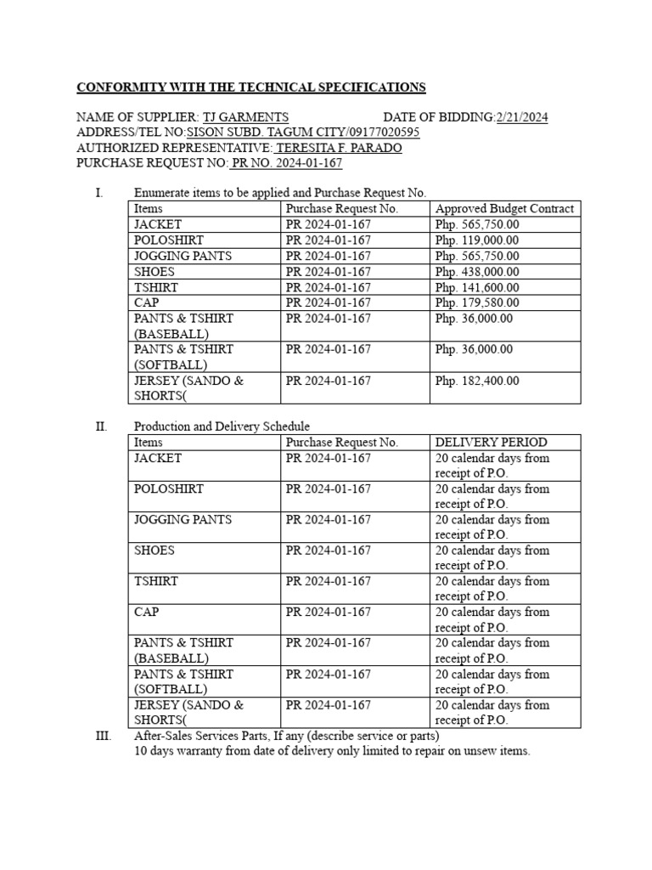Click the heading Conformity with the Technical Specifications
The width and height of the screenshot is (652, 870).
pyautogui.click(x=251, y=88)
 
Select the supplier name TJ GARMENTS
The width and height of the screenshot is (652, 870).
pyautogui.click(x=245, y=117)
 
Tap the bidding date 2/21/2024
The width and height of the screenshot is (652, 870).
pyautogui.click(x=521, y=117)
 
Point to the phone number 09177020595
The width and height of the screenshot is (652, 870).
pyautogui.click(x=379, y=133)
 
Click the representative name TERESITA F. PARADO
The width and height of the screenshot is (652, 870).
pyautogui.click(x=340, y=148)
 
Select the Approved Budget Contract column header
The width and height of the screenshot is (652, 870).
pyautogui.click(x=504, y=209)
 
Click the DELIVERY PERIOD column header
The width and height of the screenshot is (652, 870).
pyautogui.click(x=491, y=443)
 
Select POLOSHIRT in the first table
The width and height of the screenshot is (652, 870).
pyautogui.click(x=168, y=240)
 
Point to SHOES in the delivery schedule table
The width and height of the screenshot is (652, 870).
pyautogui.click(x=155, y=551)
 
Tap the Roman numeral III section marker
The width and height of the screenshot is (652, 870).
pyautogui.click(x=103, y=736)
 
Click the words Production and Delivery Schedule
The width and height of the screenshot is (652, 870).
pyautogui.click(x=222, y=427)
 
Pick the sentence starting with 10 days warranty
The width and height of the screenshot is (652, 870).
pyautogui.click(x=332, y=751)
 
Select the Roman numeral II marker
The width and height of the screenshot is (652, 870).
pyautogui.click(x=101, y=427)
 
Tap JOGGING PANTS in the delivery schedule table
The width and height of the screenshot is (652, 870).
pyautogui.click(x=183, y=520)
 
